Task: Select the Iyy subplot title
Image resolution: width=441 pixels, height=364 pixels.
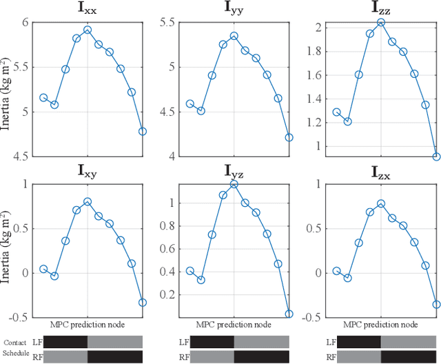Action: click(234, 9)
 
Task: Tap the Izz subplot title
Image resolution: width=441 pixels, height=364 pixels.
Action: click(381, 9)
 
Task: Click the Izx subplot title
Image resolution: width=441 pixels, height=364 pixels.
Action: click(381, 170)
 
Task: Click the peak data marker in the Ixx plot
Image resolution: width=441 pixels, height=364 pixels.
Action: click(88, 30)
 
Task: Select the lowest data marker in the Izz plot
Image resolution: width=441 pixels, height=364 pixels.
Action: click(436, 156)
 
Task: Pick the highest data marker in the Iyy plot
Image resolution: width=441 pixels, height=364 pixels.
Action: click(234, 36)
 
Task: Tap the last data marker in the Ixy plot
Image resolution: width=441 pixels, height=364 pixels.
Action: click(143, 302)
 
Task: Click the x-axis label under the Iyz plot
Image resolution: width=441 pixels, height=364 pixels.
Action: click(234, 324)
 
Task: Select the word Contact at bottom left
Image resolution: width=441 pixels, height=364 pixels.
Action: click(15, 342)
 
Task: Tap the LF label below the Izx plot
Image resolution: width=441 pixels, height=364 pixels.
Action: click(331, 342)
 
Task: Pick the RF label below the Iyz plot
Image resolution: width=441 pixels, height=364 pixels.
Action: click(184, 356)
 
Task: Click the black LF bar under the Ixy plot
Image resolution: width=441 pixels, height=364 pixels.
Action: click(65, 342)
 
